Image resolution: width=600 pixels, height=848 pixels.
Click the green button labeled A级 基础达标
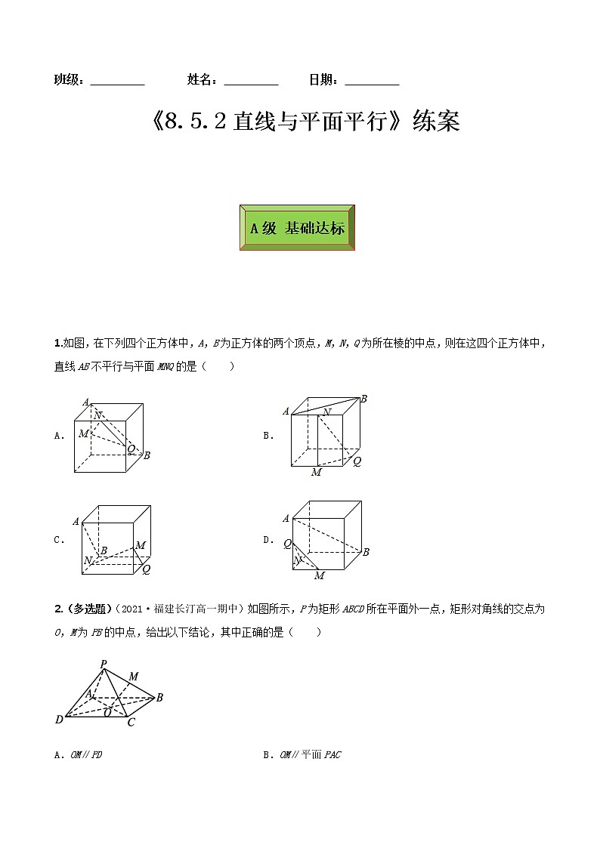tap(297, 227)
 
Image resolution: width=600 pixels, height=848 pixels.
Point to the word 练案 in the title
tap(436, 122)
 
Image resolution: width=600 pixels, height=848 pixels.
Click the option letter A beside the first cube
tap(58, 436)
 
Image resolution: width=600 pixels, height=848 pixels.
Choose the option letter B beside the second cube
tap(268, 436)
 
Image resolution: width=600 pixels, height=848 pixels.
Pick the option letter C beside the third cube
tap(58, 540)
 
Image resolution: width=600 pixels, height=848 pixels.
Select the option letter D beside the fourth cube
tap(268, 540)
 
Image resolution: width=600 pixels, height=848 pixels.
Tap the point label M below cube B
tap(316, 473)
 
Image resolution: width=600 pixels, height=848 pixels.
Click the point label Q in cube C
tap(147, 570)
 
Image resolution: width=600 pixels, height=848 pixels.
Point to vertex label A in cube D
tap(286, 519)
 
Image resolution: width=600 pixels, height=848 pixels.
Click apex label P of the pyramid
tap(103, 664)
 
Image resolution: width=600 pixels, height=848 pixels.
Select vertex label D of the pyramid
tap(59, 720)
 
